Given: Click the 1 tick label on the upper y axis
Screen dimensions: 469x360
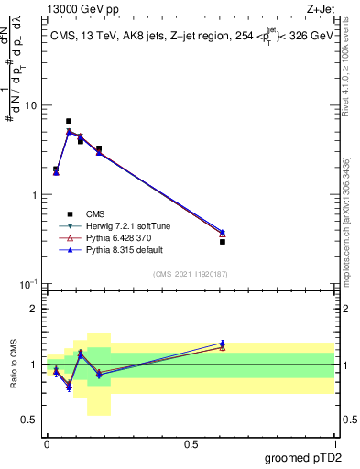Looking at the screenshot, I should (x=35, y=195).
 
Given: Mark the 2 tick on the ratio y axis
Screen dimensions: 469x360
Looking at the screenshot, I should (x=35, y=309).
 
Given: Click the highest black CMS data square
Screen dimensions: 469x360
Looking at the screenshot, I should (x=69, y=121).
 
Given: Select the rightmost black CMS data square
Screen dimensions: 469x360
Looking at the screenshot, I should (x=223, y=241).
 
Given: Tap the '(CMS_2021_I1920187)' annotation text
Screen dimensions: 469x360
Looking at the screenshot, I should (x=190, y=273).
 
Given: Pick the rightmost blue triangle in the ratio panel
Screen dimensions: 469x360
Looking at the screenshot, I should (x=223, y=343).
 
